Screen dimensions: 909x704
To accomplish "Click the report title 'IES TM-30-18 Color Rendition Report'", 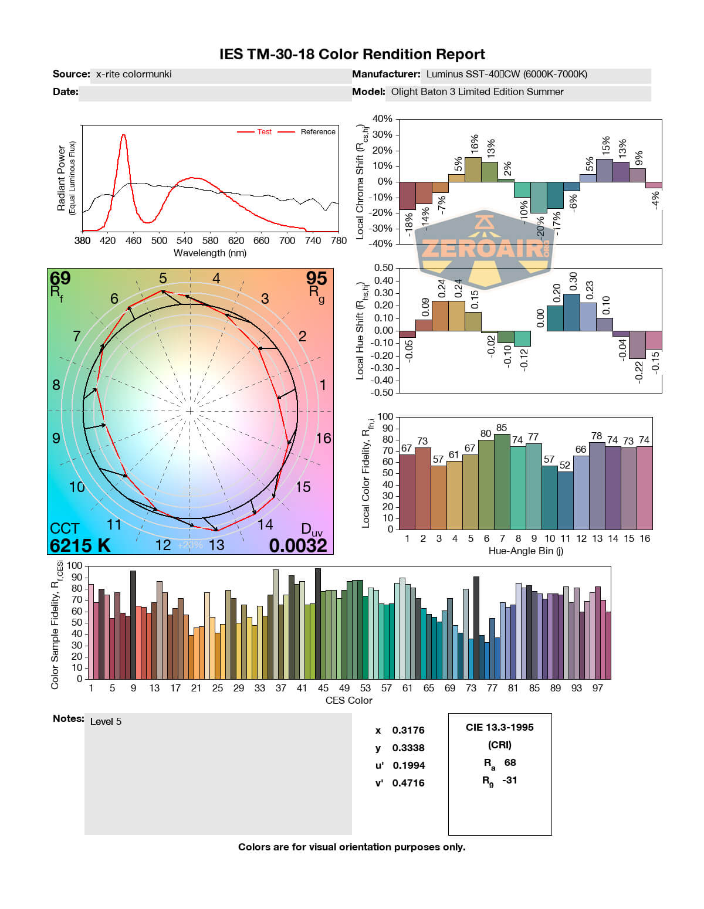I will (352, 55).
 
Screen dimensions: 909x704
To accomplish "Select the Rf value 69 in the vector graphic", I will (60, 278).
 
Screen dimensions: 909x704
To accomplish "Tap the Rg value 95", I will (316, 278).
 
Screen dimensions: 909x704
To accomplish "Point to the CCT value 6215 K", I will (80, 546).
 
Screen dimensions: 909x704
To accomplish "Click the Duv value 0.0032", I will (298, 546).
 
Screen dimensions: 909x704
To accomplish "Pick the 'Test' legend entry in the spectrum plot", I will (264, 132).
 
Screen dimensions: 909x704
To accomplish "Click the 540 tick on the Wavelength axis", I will (184, 240).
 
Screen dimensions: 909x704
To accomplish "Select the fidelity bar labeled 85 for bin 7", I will (502, 481).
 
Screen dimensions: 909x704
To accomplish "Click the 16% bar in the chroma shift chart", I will (473, 169).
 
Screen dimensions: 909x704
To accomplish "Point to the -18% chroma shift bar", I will (407, 196).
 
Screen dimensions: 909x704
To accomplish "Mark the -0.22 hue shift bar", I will (637, 345).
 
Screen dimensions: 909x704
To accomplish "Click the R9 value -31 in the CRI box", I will (510, 780).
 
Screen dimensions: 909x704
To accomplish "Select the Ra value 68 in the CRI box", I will (510, 762).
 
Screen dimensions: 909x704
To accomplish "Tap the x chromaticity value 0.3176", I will (408, 730).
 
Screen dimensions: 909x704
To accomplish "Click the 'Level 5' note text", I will (106, 721).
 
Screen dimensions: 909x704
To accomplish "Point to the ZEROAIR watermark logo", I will (485, 249).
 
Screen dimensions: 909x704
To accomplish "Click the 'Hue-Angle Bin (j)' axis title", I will (526, 551).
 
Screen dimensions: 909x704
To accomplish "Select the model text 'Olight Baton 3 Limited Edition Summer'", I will (477, 92).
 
